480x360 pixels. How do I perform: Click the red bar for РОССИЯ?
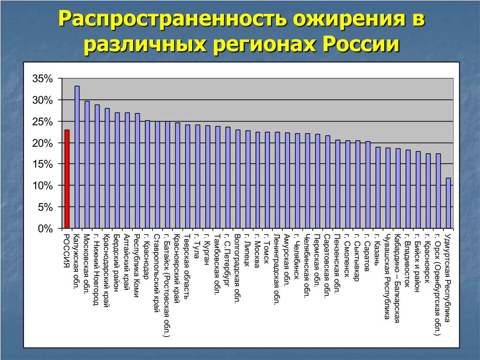(x=67, y=179)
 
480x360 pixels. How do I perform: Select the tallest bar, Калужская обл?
(x=77, y=157)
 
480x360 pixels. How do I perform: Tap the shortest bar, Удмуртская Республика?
(x=448, y=203)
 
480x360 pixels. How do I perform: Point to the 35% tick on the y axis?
(x=43, y=79)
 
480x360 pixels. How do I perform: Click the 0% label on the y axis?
(x=45, y=229)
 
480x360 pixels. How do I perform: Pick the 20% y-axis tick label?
(x=43, y=143)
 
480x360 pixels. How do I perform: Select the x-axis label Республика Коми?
(x=137, y=265)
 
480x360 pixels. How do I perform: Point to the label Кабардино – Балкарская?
(x=397, y=278)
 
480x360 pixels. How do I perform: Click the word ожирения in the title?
(x=345, y=19)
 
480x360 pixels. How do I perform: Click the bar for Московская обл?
(x=87, y=165)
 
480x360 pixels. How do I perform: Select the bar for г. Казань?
(x=378, y=188)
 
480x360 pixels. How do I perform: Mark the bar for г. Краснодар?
(x=147, y=174)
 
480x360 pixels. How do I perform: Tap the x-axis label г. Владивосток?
(x=407, y=261)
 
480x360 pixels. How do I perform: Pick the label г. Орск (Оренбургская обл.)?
(x=437, y=285)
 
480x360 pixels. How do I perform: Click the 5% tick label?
(x=45, y=207)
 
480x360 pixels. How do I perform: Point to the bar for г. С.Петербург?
(x=228, y=178)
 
